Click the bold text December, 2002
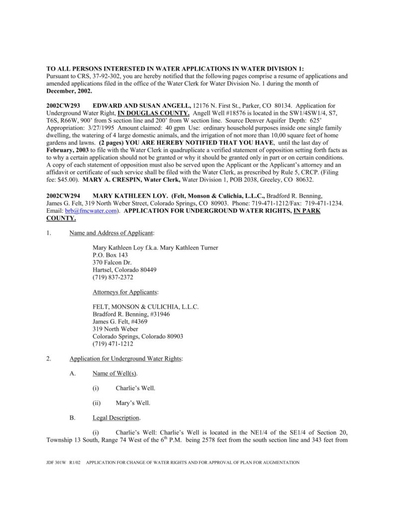point(69,92)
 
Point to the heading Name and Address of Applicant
point(111,232)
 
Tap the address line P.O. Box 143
point(107,255)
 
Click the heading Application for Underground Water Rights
point(126,358)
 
